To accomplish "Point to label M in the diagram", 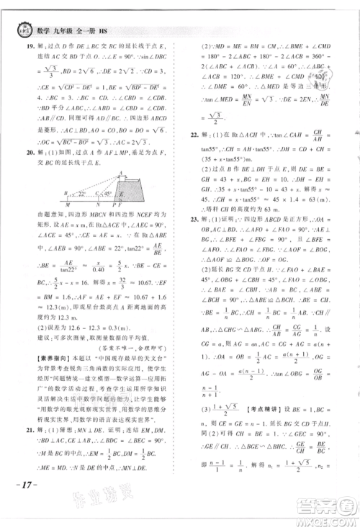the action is click(x=66, y=205).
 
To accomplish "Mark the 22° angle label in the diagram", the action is click(x=82, y=194).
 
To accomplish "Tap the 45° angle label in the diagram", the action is click(x=107, y=194).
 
